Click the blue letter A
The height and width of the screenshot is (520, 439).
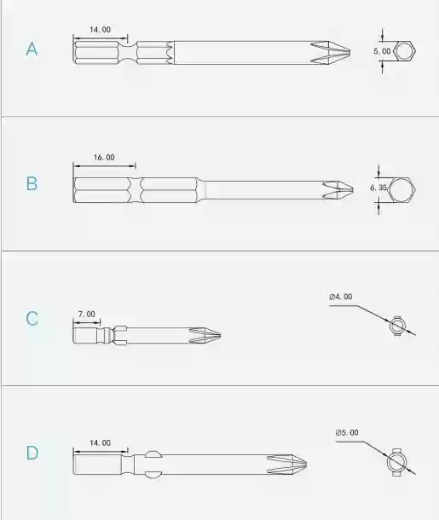point(32,49)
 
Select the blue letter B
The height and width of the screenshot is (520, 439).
point(32,183)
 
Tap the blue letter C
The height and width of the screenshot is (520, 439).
point(32,318)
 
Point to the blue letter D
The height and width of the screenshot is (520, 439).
point(32,453)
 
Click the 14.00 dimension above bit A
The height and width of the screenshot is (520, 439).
point(100,30)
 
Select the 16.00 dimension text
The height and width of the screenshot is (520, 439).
point(104,157)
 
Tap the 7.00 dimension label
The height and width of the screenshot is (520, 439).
point(87,314)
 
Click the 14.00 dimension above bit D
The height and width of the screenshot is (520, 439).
point(100,442)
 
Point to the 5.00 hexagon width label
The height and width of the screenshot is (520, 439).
point(382,51)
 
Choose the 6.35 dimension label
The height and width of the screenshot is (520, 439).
point(378,188)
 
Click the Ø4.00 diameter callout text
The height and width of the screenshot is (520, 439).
point(341,297)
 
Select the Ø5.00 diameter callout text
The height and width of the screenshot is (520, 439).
point(347,432)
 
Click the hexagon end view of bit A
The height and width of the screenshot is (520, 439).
point(404,51)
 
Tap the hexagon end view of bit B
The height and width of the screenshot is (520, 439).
point(401,189)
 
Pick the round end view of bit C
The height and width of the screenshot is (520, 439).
point(397,326)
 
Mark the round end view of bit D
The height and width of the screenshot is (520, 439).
point(397,462)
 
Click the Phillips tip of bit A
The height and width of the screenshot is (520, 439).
point(331,52)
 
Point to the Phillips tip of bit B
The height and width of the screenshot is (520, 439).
point(338,190)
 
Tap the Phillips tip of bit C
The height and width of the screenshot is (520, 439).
point(205,335)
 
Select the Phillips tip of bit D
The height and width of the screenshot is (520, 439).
point(286,464)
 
